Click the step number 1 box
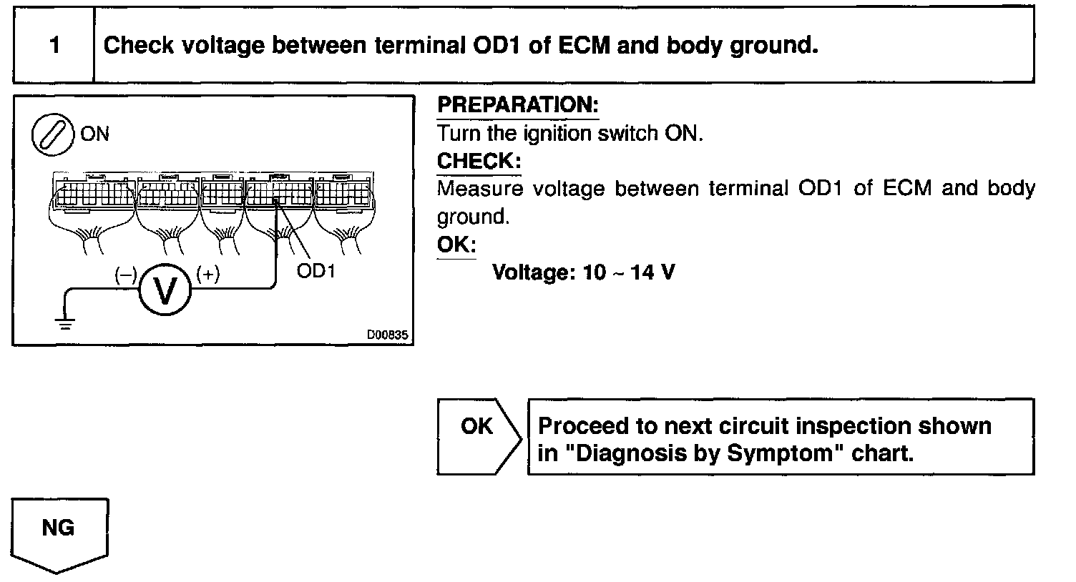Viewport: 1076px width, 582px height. (54, 46)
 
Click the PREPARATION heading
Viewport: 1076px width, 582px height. (517, 105)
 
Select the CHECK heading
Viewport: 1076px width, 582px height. (479, 161)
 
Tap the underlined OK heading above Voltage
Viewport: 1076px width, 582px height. (456, 245)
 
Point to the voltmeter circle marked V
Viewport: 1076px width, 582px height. (165, 290)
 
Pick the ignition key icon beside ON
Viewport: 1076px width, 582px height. (54, 134)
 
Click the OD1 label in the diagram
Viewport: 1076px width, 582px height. (316, 272)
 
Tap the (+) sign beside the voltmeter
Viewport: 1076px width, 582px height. (207, 274)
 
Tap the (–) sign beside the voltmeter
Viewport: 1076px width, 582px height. (126, 274)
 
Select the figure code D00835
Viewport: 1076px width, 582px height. (388, 335)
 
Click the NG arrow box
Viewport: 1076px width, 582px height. (59, 533)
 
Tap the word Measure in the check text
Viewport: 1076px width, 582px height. (479, 189)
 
